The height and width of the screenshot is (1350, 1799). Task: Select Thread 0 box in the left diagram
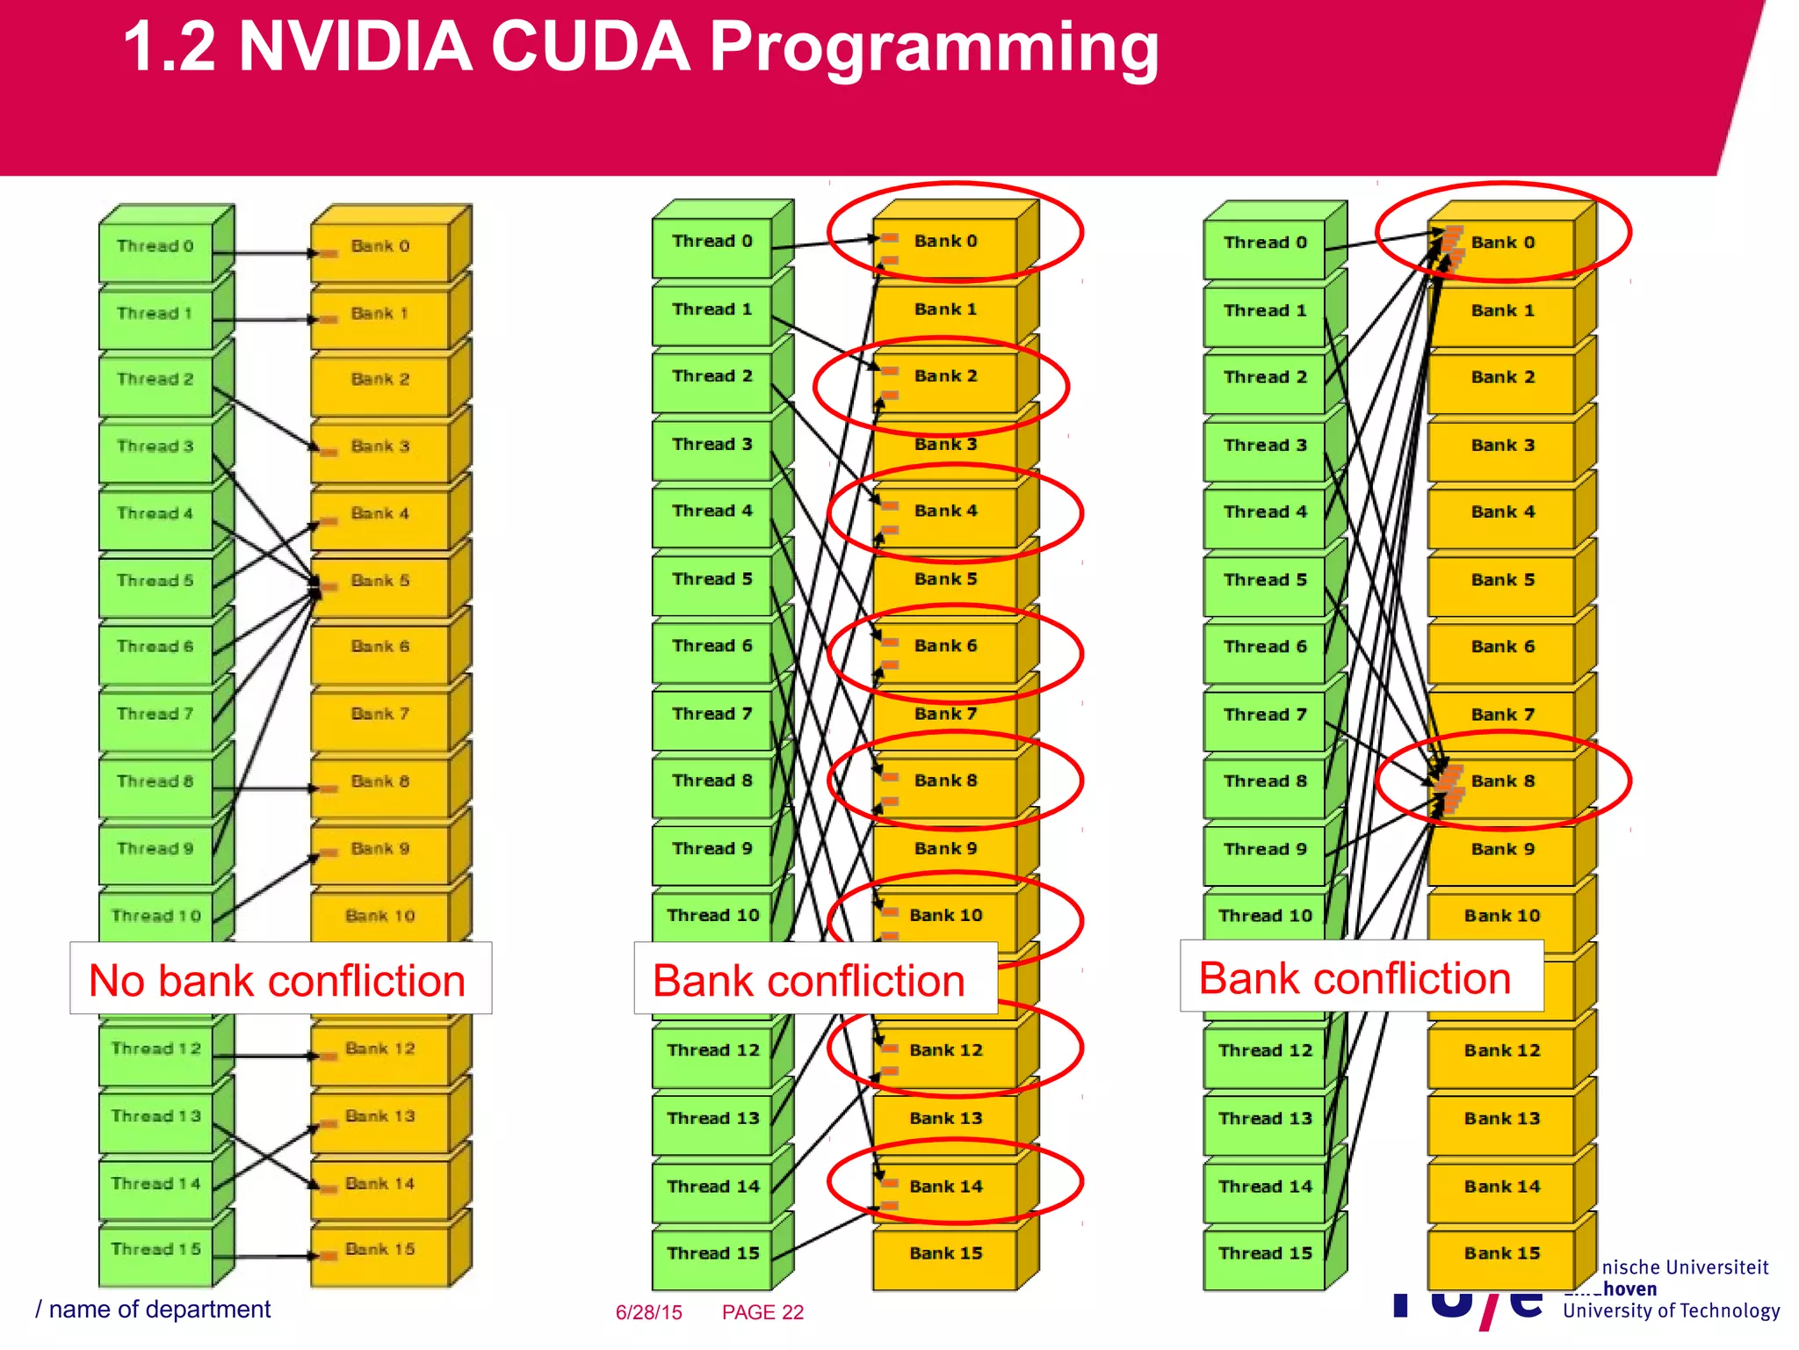click(x=155, y=247)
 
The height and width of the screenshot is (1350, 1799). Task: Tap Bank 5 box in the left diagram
click(x=380, y=581)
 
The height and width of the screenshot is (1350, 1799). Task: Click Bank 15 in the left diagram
click(x=380, y=1250)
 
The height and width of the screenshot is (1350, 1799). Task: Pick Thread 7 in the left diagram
click(x=155, y=715)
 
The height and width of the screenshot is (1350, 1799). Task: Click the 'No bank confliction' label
click(x=278, y=980)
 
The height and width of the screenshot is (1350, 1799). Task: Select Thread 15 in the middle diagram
click(x=712, y=1253)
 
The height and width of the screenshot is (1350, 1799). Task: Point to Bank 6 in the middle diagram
click(x=945, y=646)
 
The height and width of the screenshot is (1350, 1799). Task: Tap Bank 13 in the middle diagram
click(x=945, y=1119)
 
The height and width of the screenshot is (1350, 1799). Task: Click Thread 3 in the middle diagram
click(x=712, y=445)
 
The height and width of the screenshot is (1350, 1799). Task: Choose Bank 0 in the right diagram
click(x=1503, y=243)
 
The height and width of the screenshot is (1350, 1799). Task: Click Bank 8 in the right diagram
click(x=1503, y=781)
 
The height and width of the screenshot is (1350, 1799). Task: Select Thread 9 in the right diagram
click(x=1265, y=850)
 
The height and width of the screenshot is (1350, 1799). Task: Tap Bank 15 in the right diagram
click(x=1502, y=1254)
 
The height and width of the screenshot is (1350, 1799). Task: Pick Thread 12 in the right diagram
click(x=1265, y=1051)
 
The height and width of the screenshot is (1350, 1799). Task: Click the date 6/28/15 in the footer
click(x=648, y=1313)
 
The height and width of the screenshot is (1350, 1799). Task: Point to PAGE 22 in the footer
click(x=762, y=1313)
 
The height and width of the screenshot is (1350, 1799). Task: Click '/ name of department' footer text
click(x=154, y=1310)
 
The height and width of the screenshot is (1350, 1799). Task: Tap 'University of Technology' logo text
click(x=1671, y=1311)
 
